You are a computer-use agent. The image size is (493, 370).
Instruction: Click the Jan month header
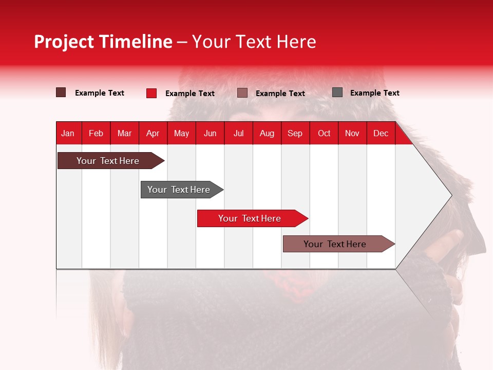68,133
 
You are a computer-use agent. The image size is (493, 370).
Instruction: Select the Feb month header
96,133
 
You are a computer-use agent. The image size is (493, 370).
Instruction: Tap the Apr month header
153,133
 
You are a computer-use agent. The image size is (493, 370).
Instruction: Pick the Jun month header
210,133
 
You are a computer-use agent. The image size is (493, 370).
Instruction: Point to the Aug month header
267,133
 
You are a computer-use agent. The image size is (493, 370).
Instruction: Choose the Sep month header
295,133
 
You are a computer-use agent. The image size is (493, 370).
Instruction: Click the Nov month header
352,133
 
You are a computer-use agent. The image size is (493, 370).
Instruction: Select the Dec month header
381,133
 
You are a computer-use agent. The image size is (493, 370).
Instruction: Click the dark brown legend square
61,92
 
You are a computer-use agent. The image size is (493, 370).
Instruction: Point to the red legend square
151,93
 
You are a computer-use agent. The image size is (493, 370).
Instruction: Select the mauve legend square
242,93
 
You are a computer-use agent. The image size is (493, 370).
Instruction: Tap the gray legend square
337,92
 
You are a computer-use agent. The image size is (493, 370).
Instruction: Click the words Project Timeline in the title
103,42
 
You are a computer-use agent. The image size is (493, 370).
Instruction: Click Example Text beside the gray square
374,93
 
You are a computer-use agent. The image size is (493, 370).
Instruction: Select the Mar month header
124,133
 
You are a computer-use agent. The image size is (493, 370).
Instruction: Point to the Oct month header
324,133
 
